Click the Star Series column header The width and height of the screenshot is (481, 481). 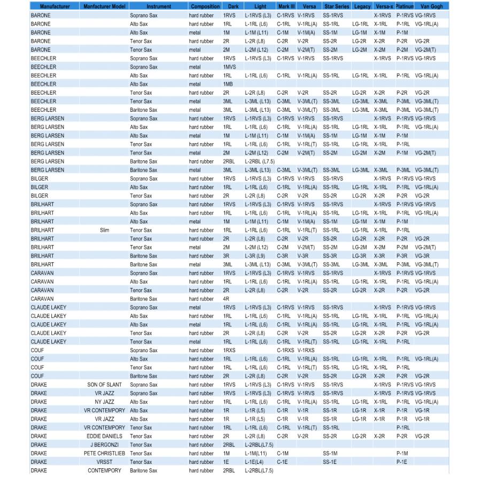336,6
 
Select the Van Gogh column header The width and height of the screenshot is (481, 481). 431,6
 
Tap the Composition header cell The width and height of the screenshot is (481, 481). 205,6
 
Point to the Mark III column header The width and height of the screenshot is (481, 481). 286,6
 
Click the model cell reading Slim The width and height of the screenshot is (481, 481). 104,230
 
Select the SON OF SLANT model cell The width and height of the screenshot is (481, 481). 104,385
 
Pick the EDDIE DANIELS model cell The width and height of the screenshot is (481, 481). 104,436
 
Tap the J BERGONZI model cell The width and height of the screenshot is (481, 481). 104,445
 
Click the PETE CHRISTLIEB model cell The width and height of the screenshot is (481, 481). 104,453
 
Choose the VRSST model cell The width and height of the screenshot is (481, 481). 104,462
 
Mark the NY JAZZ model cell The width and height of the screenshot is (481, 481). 104,402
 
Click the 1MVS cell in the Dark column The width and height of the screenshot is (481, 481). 228,67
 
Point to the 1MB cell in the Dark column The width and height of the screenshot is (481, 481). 228,84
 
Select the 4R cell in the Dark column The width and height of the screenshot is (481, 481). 226,299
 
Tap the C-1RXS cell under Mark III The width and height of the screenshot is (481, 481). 285,350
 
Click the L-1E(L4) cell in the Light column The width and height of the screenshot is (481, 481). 255,462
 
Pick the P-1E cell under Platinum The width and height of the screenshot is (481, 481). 401,462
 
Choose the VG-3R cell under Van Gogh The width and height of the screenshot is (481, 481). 422,256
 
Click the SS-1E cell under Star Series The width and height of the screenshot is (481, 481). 329,462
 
